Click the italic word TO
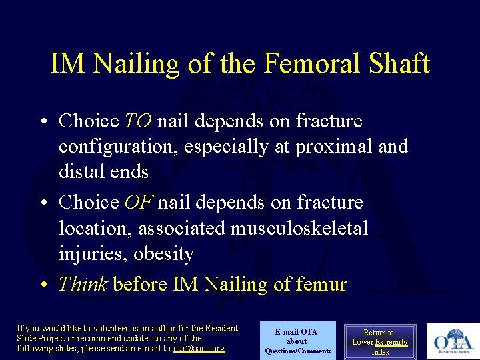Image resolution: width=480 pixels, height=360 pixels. [x=138, y=121]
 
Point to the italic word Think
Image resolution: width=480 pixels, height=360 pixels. [x=83, y=285]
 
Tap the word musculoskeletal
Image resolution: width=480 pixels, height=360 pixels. [x=299, y=228]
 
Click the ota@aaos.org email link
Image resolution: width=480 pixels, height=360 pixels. [x=199, y=348]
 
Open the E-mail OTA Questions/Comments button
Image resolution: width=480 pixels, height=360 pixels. [x=297, y=341]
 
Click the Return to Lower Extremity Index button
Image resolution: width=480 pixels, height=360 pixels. [x=380, y=342]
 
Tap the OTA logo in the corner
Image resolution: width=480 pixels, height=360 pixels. [x=453, y=341]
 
